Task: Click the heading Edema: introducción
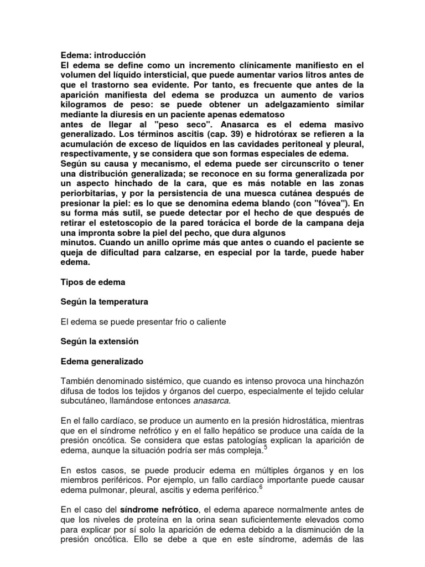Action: pos(102,55)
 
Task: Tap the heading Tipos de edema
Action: pos(92,282)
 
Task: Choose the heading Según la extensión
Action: pos(99,342)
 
